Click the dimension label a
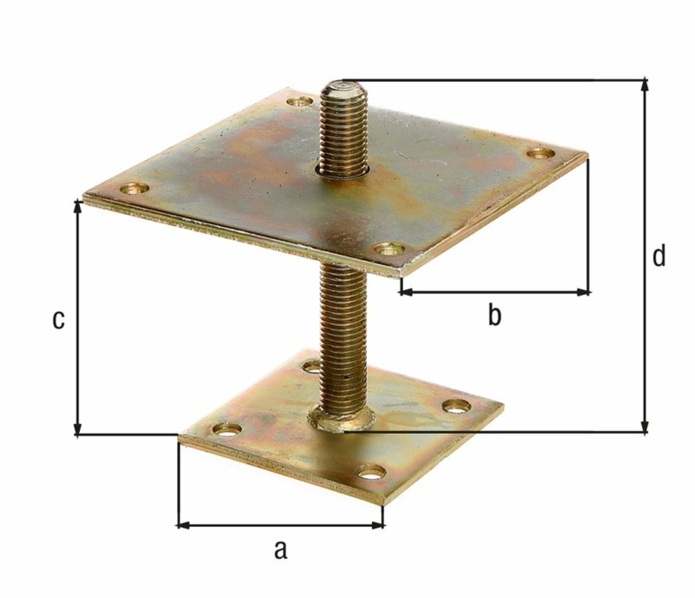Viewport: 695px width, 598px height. (x=279, y=550)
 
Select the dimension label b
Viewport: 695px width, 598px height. (x=493, y=316)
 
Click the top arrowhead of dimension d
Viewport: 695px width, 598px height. (x=646, y=84)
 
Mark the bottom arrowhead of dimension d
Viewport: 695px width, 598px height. (x=646, y=427)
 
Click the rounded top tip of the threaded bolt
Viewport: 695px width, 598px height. (x=343, y=88)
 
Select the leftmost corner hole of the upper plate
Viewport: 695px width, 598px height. (x=134, y=188)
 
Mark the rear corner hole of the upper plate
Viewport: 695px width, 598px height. (x=300, y=102)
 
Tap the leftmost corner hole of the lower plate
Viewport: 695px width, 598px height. (x=227, y=429)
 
